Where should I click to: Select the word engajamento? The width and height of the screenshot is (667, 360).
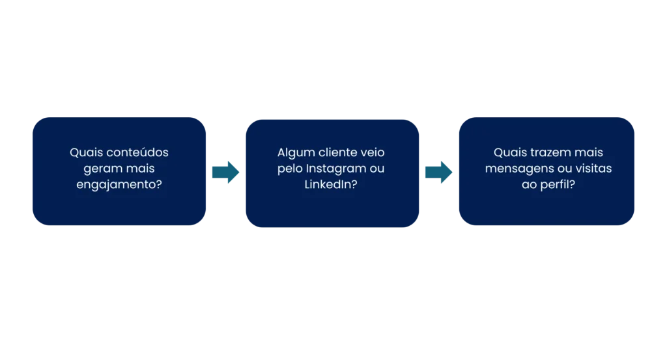click(117, 185)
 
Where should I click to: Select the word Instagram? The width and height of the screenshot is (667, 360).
click(336, 169)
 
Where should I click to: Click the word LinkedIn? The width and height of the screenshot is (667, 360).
click(328, 184)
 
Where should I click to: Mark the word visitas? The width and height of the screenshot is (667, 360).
click(593, 169)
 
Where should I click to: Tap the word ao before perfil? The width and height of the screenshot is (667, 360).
click(529, 186)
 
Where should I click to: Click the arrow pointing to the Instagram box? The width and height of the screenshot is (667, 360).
click(225, 172)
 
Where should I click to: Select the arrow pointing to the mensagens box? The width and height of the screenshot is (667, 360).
click(438, 172)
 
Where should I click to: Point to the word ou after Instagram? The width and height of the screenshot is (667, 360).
click(377, 169)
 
